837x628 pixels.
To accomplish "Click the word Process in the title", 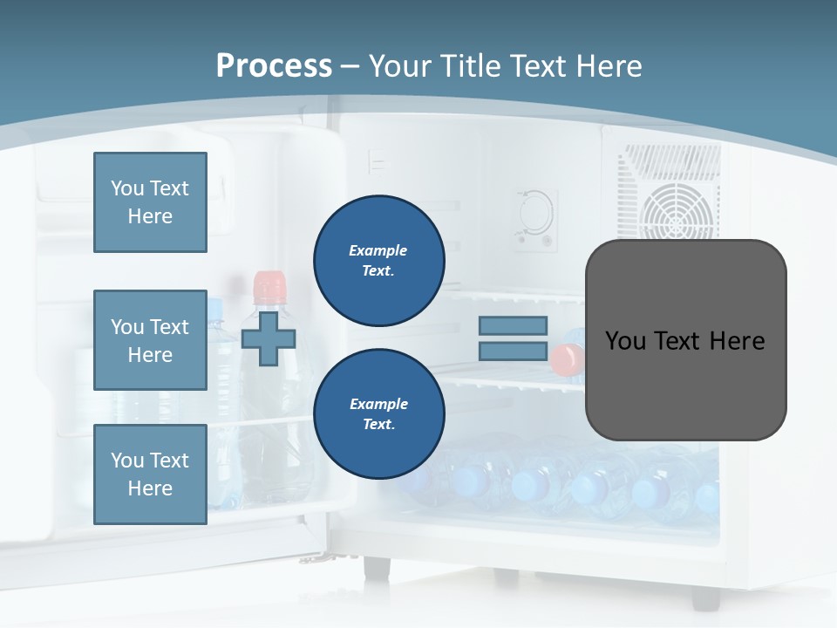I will (274, 65).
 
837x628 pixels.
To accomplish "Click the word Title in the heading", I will (471, 65).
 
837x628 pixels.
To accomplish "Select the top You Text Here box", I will (150, 202).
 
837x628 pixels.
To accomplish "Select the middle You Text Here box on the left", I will (150, 340).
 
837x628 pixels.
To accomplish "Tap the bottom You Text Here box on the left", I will (150, 474).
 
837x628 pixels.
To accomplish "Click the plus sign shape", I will (268, 337).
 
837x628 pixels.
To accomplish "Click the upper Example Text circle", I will (378, 260).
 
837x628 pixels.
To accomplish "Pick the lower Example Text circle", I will (378, 413).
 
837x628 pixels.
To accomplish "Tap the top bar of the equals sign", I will (513, 325).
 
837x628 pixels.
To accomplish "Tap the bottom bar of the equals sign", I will (513, 352).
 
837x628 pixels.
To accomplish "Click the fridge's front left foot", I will (378, 567).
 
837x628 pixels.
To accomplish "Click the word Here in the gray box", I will (737, 340).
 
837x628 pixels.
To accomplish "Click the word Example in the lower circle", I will (378, 404).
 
